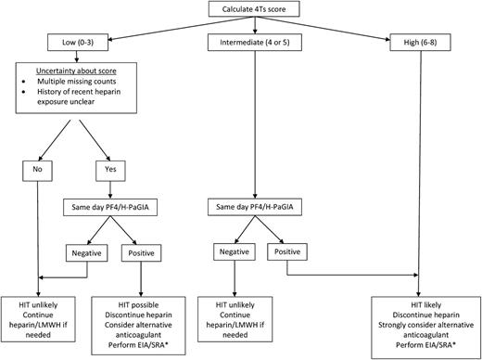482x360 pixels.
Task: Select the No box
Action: [x=36, y=171]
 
